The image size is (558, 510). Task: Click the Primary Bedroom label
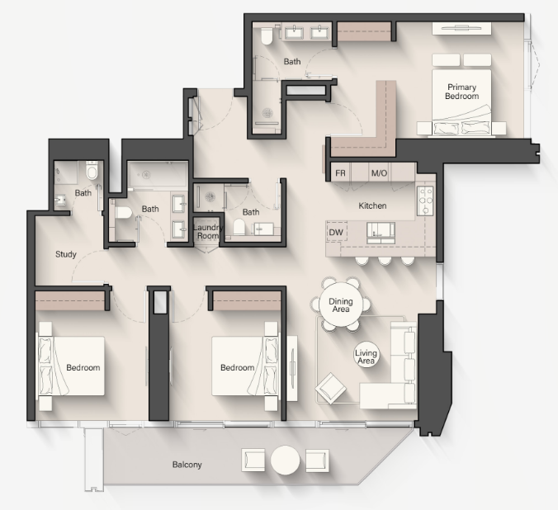(x=461, y=92)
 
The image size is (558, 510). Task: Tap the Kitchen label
(x=372, y=205)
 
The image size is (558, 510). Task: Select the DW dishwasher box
(x=336, y=233)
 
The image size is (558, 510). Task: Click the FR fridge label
(x=340, y=173)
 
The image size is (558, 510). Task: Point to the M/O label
(x=379, y=173)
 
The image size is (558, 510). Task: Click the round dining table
(x=341, y=305)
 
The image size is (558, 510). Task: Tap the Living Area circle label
(x=366, y=357)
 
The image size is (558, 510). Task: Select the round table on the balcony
(x=285, y=460)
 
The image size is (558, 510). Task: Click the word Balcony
(x=187, y=465)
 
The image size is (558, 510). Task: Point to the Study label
(x=66, y=254)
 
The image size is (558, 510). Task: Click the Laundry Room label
(x=208, y=232)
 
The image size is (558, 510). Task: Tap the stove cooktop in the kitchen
(x=425, y=201)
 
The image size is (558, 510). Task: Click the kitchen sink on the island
(x=381, y=233)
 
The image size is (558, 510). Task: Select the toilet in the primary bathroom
(x=267, y=35)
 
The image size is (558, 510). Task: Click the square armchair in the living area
(x=330, y=389)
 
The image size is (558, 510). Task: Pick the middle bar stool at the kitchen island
(x=385, y=261)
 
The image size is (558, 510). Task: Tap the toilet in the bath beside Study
(x=92, y=170)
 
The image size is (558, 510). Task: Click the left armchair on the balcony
(x=253, y=460)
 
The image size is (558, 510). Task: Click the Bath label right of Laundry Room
(x=251, y=212)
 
